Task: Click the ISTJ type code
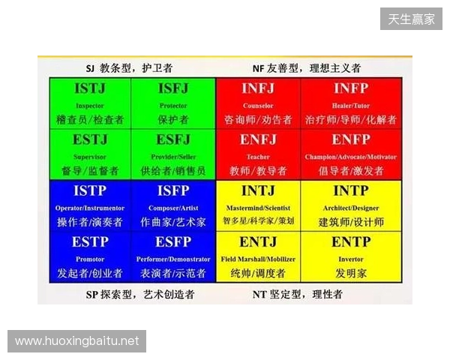(90, 89)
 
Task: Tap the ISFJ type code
(173, 89)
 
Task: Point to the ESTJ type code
(90, 140)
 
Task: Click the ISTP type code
(90, 192)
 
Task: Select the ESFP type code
(173, 242)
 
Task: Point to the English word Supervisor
(90, 157)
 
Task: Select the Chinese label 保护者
(173, 119)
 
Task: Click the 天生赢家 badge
(411, 19)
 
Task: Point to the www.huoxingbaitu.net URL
(77, 341)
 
